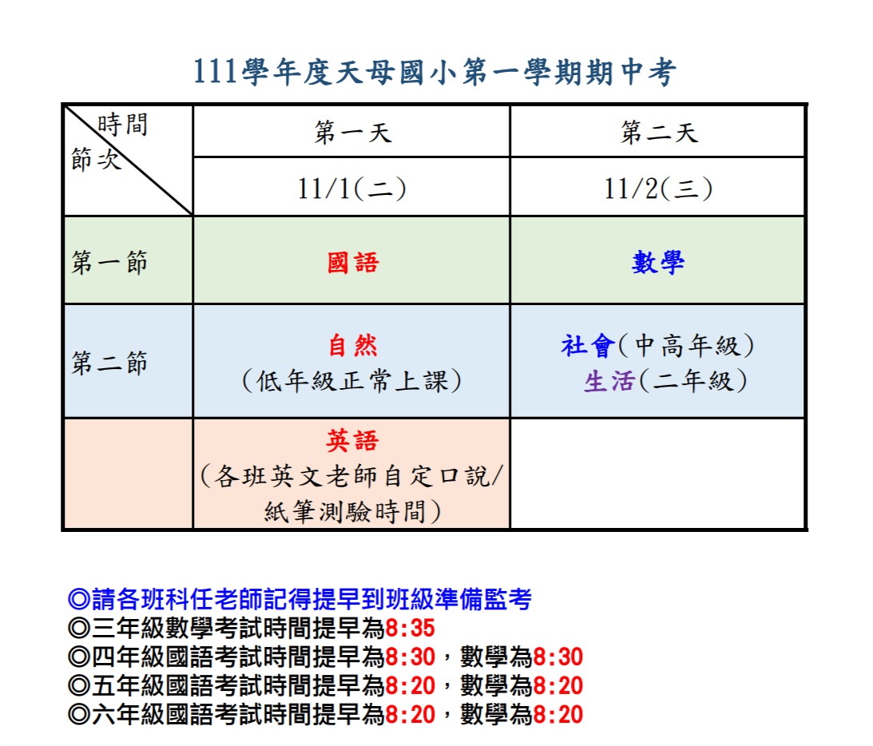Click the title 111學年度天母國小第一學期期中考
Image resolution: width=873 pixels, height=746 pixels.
(x=435, y=73)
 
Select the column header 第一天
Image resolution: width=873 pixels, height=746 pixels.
(x=353, y=133)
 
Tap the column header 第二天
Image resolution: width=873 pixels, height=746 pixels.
(x=659, y=133)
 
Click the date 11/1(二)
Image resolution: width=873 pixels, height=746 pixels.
(x=352, y=188)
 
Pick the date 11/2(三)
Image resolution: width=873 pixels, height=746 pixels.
(x=658, y=188)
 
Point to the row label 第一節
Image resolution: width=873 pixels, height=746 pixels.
(x=109, y=262)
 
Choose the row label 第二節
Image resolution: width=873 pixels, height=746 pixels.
(x=109, y=363)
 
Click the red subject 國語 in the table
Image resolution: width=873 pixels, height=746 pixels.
(x=353, y=262)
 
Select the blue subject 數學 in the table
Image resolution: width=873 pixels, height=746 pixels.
(x=658, y=262)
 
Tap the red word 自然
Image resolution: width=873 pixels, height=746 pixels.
(x=353, y=345)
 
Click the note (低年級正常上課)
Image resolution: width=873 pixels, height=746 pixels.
(x=352, y=381)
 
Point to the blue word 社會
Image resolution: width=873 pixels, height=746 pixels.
(x=588, y=345)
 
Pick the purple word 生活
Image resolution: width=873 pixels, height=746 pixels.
(x=609, y=381)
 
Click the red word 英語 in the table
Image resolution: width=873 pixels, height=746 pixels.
(x=353, y=440)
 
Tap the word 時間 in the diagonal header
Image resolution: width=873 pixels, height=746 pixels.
(x=122, y=124)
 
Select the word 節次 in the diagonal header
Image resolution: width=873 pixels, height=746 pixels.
(x=96, y=159)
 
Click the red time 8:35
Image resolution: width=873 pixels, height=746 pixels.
(x=410, y=628)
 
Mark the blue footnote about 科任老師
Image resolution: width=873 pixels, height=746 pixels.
(x=300, y=599)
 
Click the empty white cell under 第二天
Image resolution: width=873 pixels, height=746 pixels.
(x=657, y=473)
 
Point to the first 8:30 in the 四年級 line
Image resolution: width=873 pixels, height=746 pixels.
(x=410, y=657)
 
